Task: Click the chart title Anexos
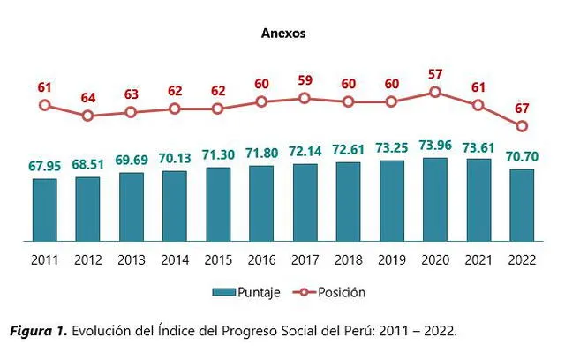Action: click(283, 34)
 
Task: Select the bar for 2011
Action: click(44, 209)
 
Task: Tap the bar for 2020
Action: click(434, 199)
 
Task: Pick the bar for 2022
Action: click(521, 205)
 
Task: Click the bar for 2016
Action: click(261, 203)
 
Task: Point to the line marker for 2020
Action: click(434, 92)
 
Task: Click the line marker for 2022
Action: click(522, 125)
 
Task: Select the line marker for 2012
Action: click(87, 116)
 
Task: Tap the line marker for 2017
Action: click(305, 98)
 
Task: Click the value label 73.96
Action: click(434, 146)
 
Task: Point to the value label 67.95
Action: click(44, 166)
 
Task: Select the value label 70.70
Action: click(521, 156)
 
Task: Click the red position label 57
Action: click(434, 74)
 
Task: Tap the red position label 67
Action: click(522, 108)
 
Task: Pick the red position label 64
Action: click(87, 97)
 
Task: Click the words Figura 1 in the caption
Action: click(37, 332)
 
